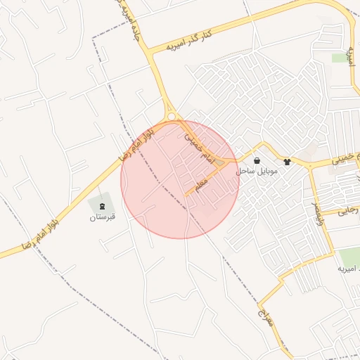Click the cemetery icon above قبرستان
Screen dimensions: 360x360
click(x=103, y=206)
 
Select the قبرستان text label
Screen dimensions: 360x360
click(x=102, y=217)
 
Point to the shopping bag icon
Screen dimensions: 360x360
click(x=257, y=160)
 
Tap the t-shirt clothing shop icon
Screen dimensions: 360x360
click(x=287, y=161)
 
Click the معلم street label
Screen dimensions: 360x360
click(x=201, y=185)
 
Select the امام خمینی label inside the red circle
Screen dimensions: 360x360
click(x=199, y=146)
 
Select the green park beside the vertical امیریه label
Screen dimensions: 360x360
click(x=341, y=58)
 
